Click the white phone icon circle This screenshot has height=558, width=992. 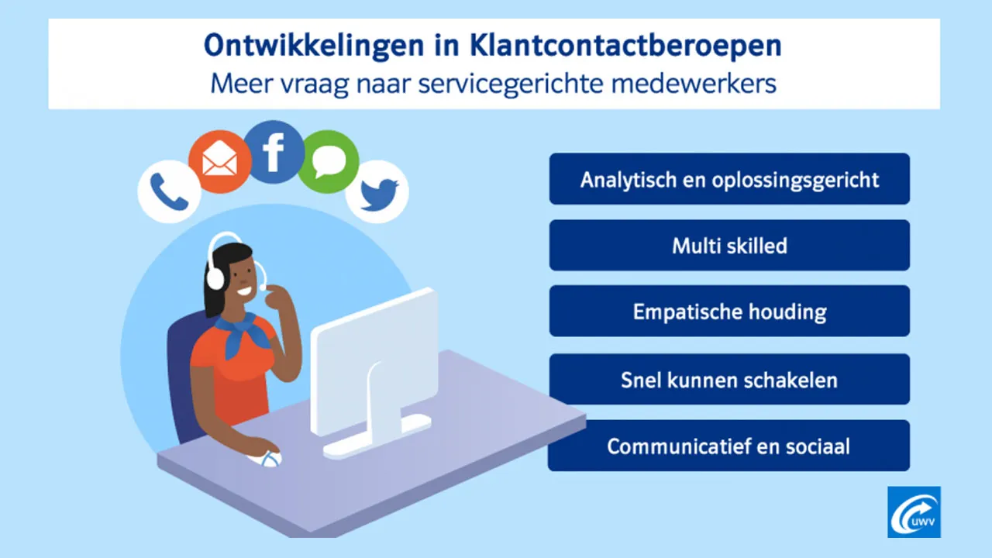pos(169,191)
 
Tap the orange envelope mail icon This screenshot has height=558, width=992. pos(220,162)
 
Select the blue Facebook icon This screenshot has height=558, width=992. pos(273,152)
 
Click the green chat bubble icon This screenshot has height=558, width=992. pos(329,162)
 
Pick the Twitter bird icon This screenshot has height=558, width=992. pos(377,191)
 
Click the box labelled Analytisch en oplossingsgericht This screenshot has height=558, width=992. pos(729,179)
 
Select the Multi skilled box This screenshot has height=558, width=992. pos(729,246)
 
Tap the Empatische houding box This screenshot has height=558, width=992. pos(729,312)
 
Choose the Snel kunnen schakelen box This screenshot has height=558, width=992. pos(729,380)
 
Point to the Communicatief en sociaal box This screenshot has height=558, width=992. pos(728,446)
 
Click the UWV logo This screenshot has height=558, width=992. pos(914,512)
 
